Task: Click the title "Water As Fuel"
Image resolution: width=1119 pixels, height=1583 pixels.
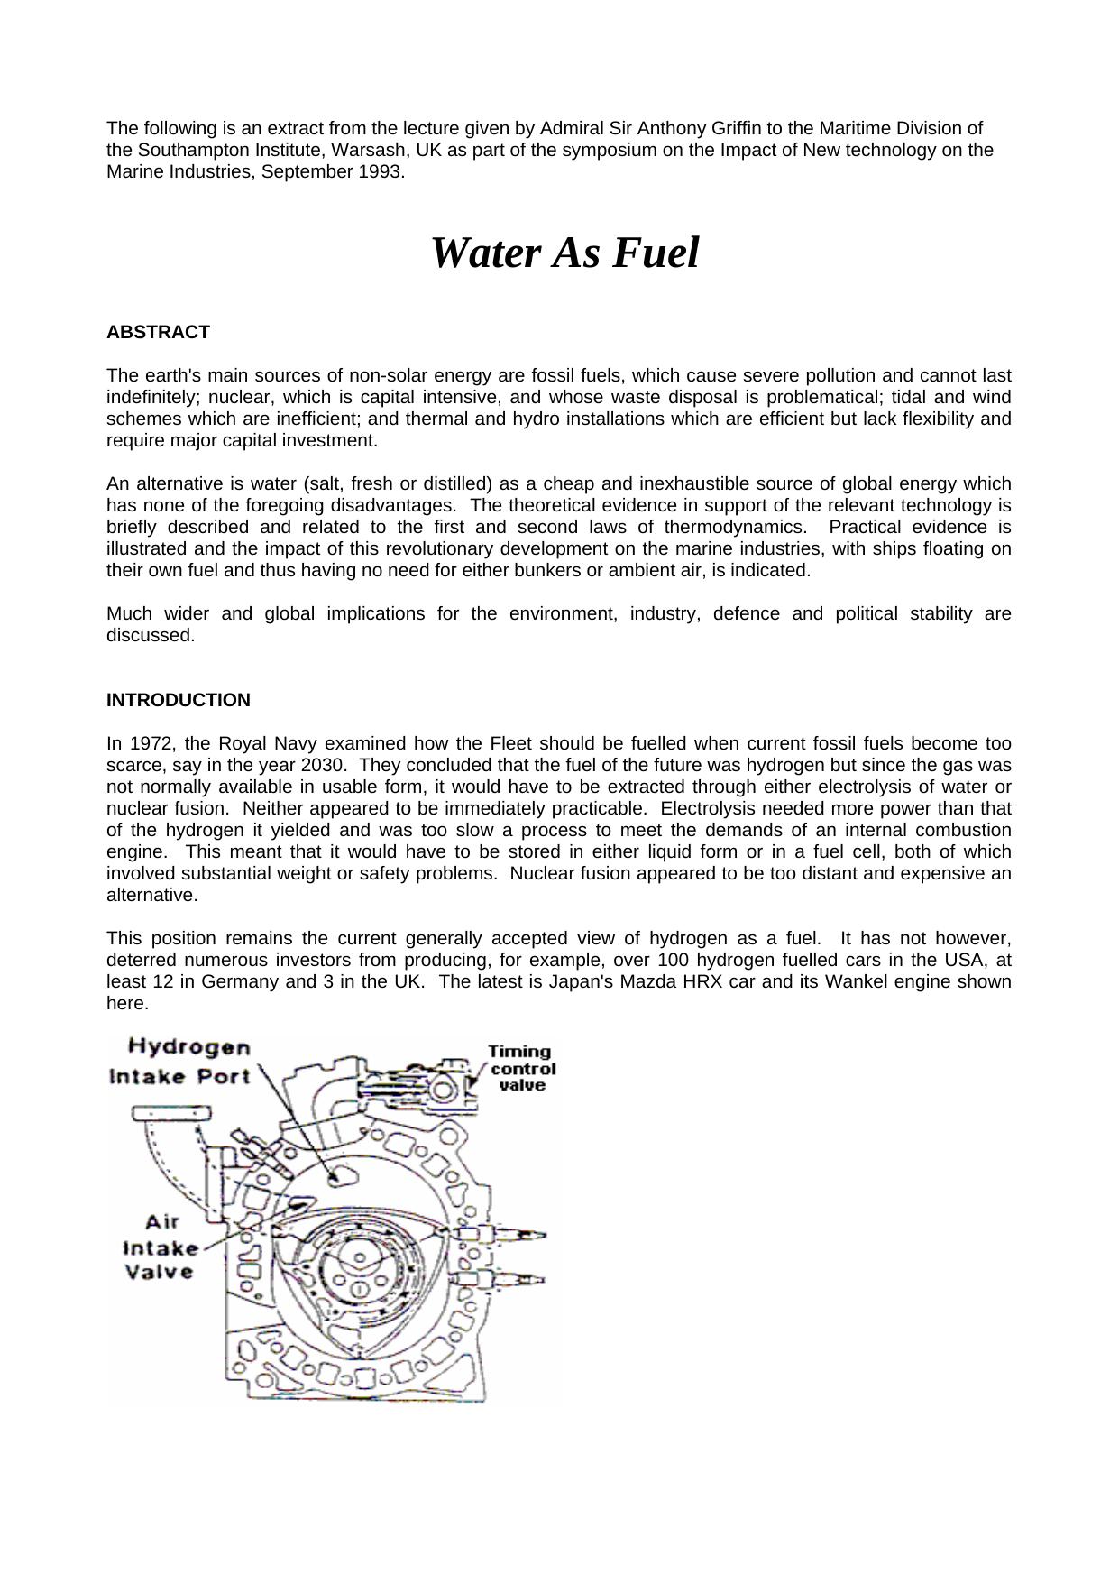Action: coord(564,253)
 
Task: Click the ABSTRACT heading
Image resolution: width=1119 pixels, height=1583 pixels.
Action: coord(158,333)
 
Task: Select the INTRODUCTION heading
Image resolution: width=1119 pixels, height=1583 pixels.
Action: coord(179,701)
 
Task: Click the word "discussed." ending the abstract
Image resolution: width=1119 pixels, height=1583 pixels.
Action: coord(151,636)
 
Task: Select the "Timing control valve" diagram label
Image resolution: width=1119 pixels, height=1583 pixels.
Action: coord(521,1068)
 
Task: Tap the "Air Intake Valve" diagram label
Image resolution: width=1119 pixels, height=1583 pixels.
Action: coord(160,1247)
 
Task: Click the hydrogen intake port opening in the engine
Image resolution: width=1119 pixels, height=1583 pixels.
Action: coord(344,1174)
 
